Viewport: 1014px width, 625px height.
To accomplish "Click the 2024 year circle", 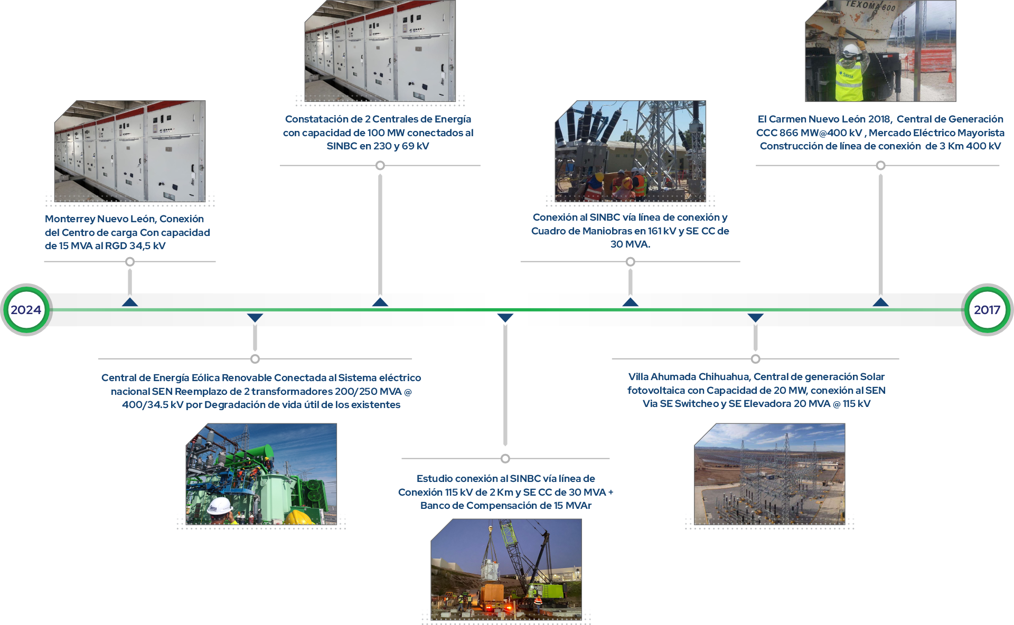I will click(26, 310).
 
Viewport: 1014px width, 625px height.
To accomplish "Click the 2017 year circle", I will click(987, 310).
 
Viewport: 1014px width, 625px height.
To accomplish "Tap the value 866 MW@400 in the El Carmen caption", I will click(823, 133).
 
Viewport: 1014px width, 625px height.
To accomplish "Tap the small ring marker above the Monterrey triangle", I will click(130, 262).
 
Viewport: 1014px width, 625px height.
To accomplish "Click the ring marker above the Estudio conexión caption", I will click(505, 458).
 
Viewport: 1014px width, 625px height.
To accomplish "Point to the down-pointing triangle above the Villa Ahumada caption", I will click(755, 318).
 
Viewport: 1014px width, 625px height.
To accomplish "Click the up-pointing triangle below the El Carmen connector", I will click(880, 302).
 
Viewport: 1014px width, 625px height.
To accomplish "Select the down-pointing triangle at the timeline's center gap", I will click(505, 318).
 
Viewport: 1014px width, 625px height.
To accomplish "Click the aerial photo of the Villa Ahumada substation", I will click(769, 474).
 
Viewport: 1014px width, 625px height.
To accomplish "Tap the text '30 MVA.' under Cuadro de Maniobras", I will click(630, 244).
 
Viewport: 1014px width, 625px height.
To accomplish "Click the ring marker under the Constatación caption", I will click(380, 166).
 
